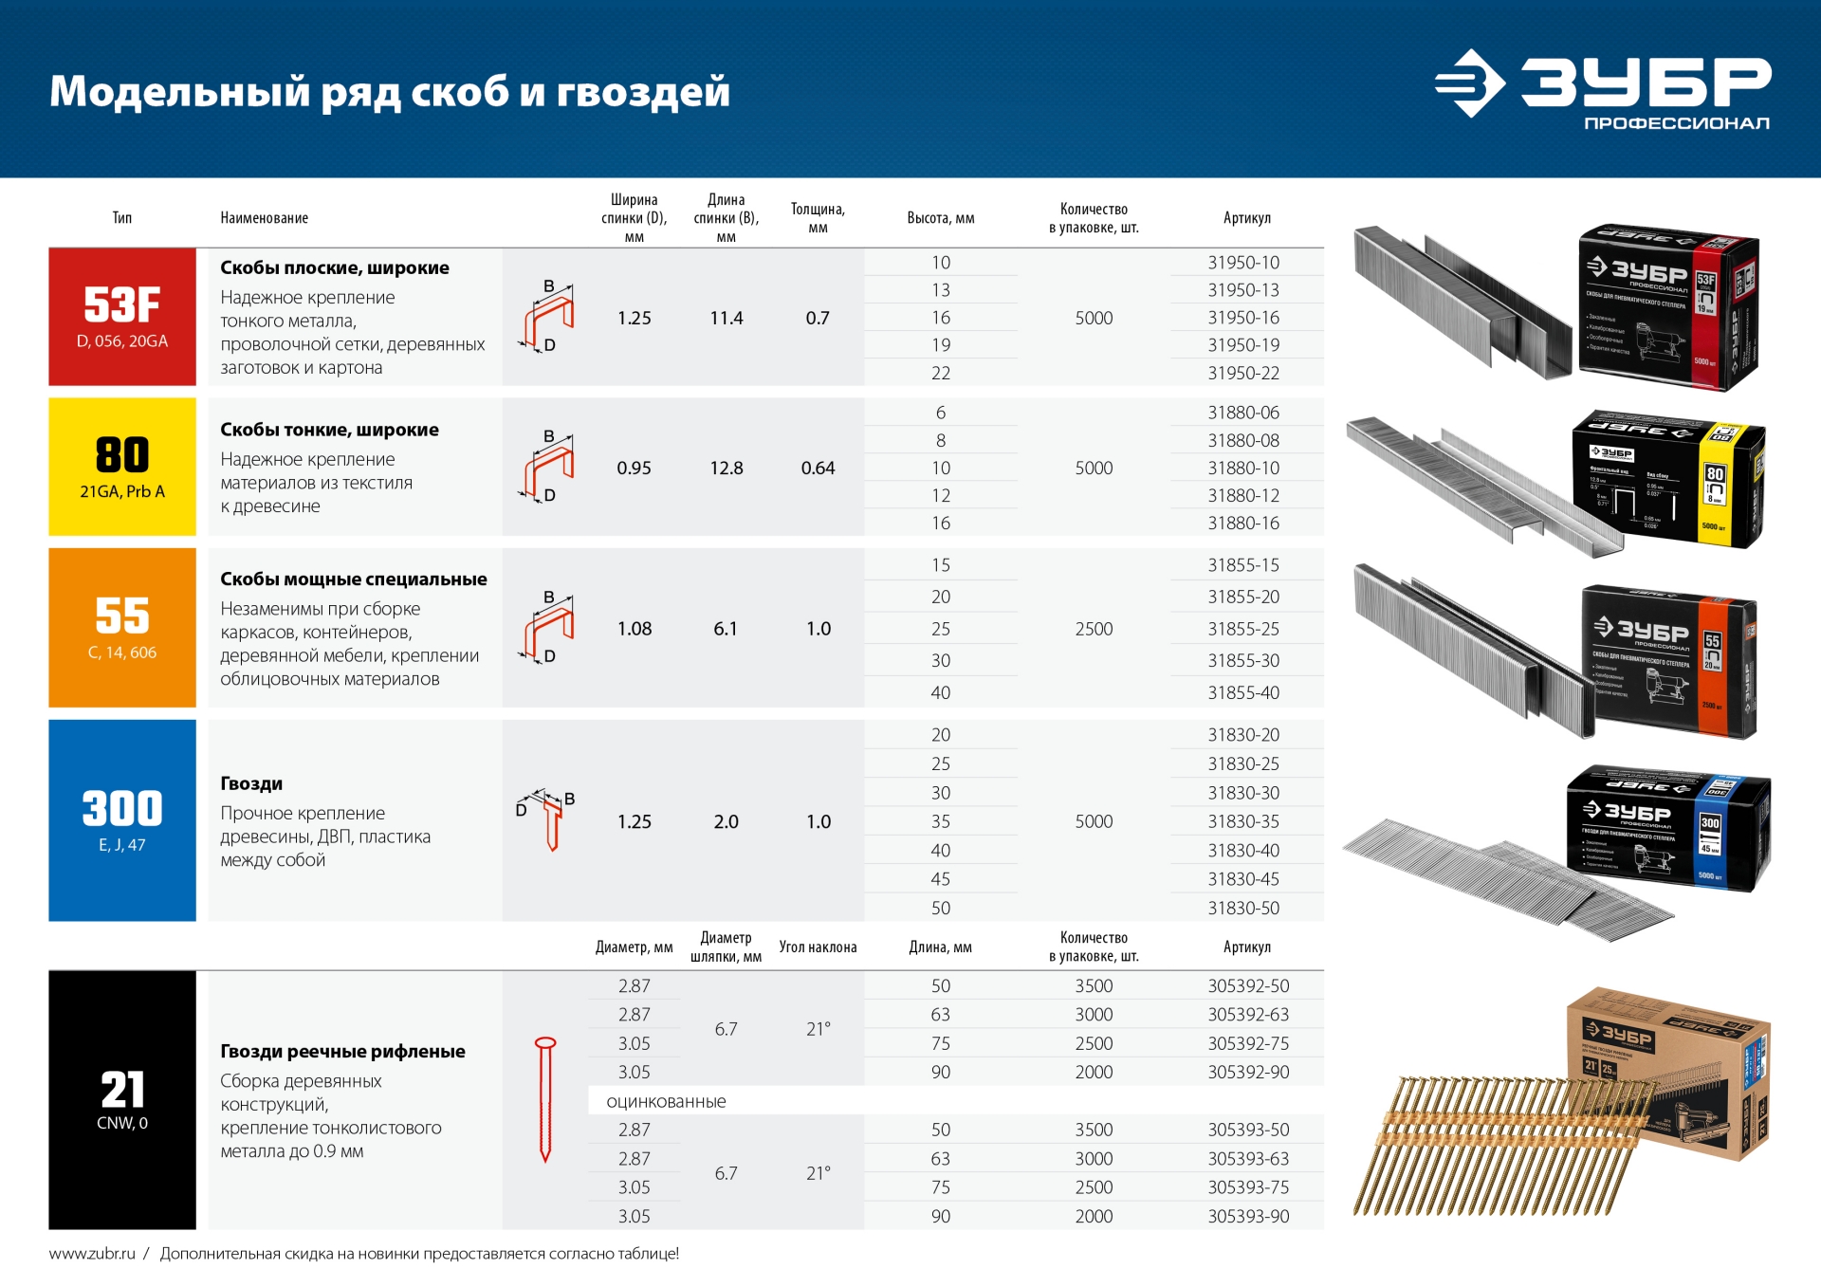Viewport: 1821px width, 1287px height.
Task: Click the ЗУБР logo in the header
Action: pos(1603,88)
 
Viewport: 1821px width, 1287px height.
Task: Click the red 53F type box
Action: pos(122,317)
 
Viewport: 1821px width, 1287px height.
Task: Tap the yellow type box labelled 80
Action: pos(122,467)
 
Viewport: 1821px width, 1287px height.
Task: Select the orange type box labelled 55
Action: pos(122,627)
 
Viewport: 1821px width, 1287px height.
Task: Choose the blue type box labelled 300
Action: pos(122,819)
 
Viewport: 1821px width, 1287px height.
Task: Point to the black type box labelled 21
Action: pos(122,1099)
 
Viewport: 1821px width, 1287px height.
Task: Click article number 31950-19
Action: pos(1243,345)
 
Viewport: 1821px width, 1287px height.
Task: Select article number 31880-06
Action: pos(1243,413)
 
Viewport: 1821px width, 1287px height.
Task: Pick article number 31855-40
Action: pos(1243,692)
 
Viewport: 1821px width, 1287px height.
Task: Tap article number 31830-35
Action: pos(1243,821)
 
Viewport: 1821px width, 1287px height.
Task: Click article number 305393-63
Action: pos(1248,1158)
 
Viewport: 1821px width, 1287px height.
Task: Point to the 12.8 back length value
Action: pos(727,468)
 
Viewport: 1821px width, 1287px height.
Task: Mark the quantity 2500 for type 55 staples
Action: pos(1094,629)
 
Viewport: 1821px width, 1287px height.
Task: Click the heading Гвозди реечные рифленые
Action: pos(342,1051)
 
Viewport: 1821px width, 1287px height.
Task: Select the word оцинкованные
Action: pos(666,1101)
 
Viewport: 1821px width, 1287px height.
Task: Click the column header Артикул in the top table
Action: pos(1246,218)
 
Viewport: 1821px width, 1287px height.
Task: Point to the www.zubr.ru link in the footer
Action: pos(92,1254)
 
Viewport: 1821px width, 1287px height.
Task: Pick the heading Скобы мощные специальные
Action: pos(353,579)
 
